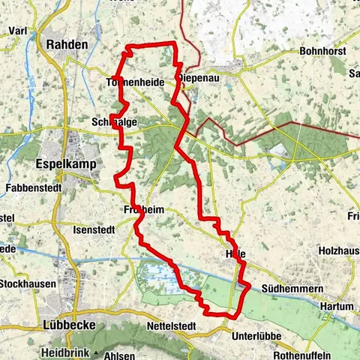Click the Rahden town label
(67, 44)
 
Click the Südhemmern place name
(286, 289)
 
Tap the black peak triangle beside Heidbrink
(97, 352)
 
